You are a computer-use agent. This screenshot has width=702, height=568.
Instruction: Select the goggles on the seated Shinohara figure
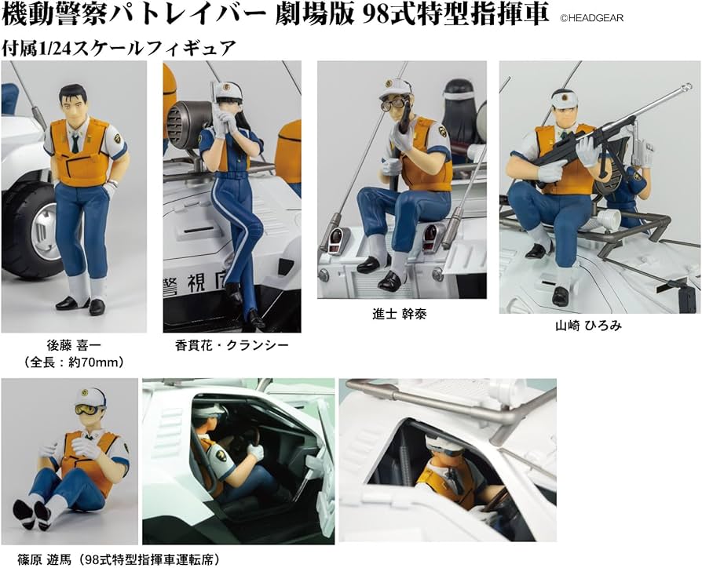tap(88, 410)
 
